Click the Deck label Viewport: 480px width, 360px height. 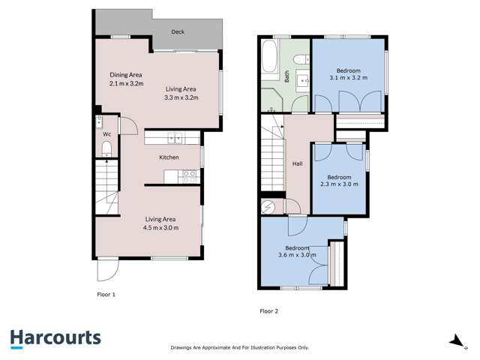(x=178, y=32)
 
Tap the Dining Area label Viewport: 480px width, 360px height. (x=126, y=75)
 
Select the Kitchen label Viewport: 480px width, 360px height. (x=169, y=157)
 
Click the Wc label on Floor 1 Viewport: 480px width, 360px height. (x=107, y=134)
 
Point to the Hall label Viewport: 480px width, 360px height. (x=296, y=164)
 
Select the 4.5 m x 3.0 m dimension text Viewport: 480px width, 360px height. (x=161, y=228)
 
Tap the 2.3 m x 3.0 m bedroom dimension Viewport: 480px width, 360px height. (x=339, y=184)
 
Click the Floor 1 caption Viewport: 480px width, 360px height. (x=106, y=295)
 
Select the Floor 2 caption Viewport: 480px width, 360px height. (x=268, y=310)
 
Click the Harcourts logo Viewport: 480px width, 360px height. (x=55, y=337)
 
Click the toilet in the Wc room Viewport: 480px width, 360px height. (x=106, y=147)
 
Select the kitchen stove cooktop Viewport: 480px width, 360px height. (x=189, y=176)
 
